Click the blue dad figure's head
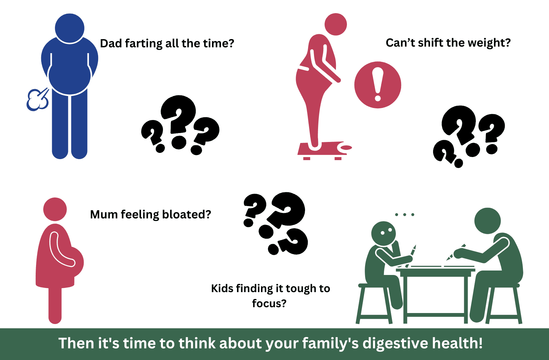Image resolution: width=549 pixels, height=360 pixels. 70,28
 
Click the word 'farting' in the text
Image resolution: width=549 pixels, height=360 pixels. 144,44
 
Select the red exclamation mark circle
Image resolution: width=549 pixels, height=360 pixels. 378,85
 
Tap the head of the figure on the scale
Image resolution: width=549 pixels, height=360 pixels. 336,24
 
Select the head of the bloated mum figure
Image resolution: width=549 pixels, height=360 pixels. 55,209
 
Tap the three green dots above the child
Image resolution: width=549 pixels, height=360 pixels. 405,215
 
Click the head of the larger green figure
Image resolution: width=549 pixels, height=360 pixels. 488,221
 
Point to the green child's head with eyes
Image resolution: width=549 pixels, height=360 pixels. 383,233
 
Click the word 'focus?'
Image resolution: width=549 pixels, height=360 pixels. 269,304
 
